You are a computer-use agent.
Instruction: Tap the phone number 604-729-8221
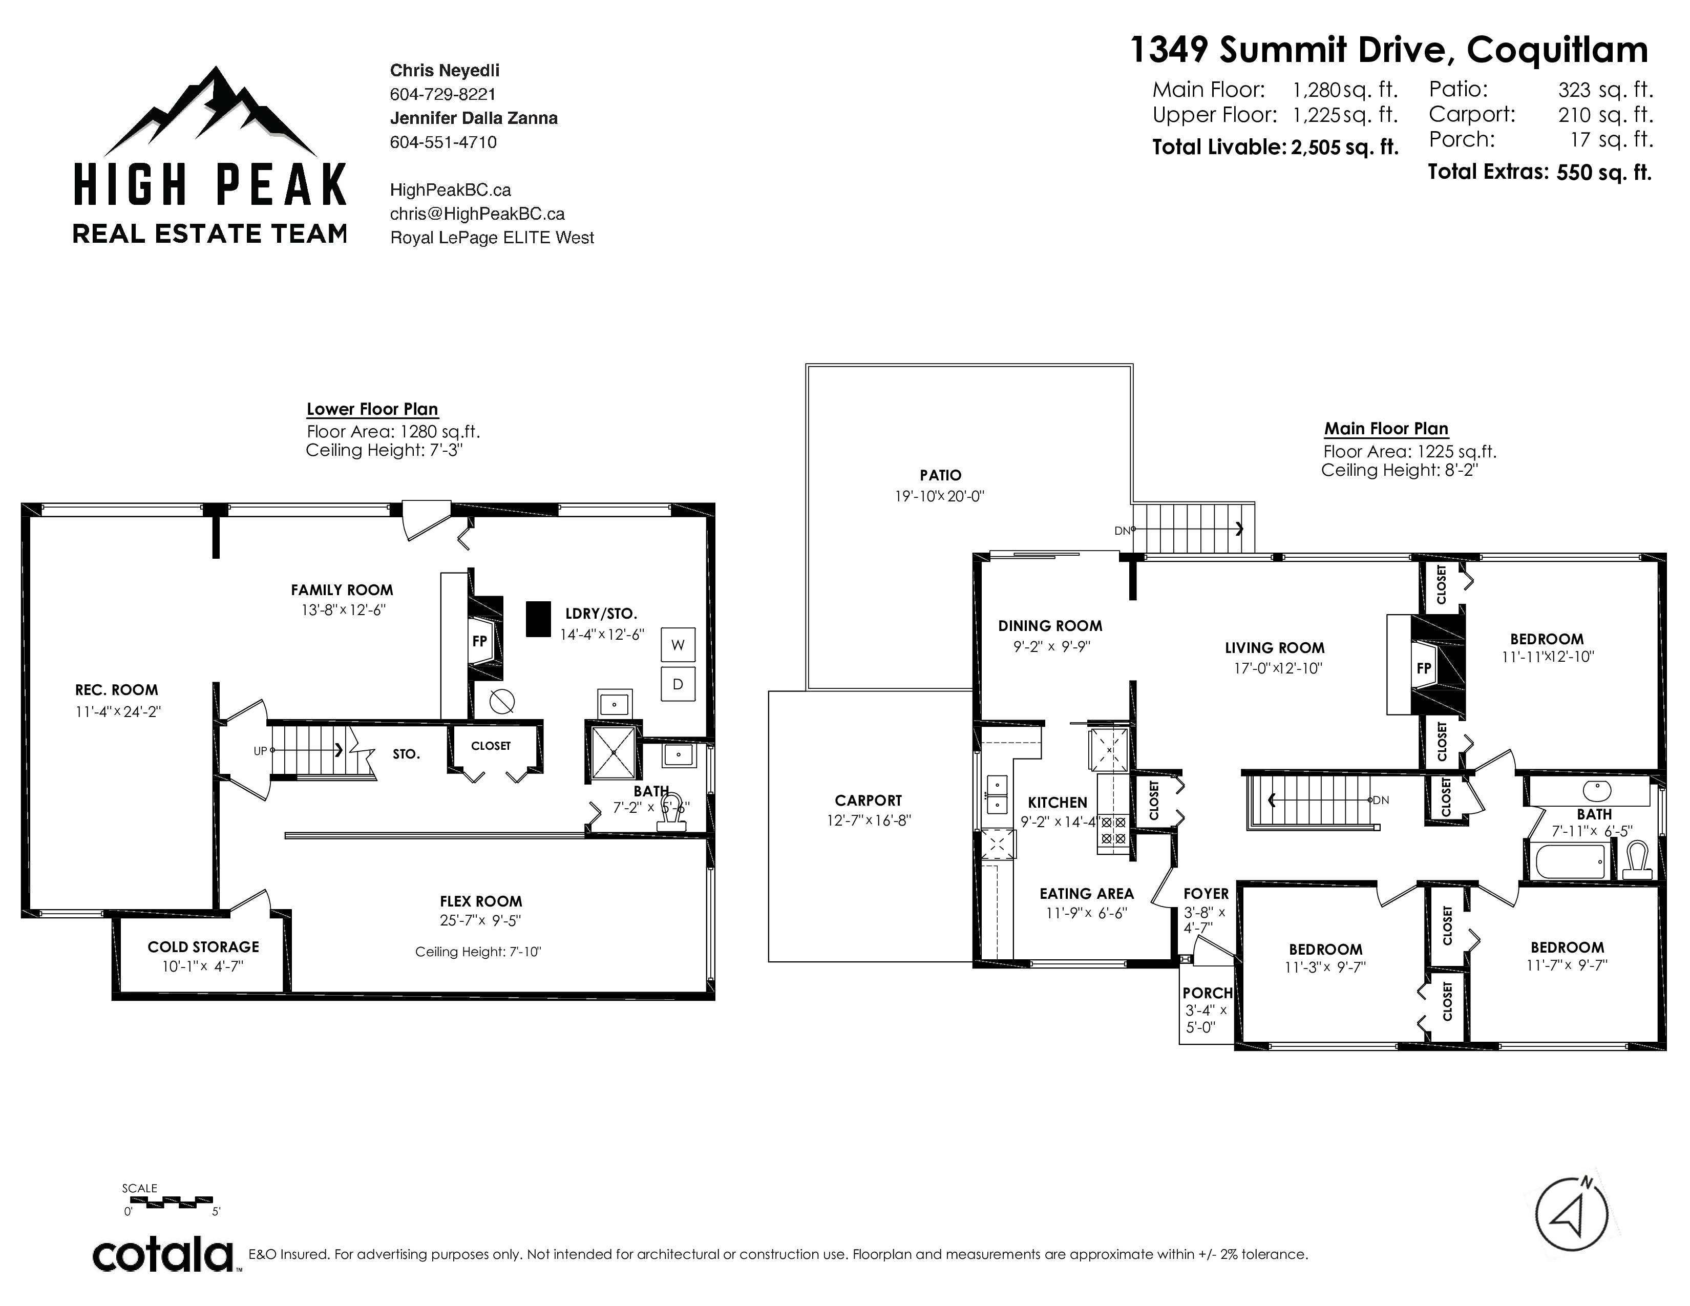pyautogui.click(x=442, y=94)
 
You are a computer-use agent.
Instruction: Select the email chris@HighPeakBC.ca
pyautogui.click(x=477, y=214)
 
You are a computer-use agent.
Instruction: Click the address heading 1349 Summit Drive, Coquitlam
pyautogui.click(x=1389, y=50)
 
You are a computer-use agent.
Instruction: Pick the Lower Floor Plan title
pyautogui.click(x=372, y=409)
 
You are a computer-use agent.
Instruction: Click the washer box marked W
pyautogui.click(x=678, y=644)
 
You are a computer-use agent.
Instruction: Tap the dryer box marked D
pyautogui.click(x=678, y=684)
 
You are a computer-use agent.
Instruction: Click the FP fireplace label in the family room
pyautogui.click(x=480, y=641)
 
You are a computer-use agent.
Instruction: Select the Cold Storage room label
pyautogui.click(x=203, y=947)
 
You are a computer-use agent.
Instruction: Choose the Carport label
pyautogui.click(x=868, y=801)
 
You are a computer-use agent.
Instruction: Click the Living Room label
pyautogui.click(x=1275, y=647)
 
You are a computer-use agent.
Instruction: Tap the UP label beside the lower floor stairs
pyautogui.click(x=260, y=750)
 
